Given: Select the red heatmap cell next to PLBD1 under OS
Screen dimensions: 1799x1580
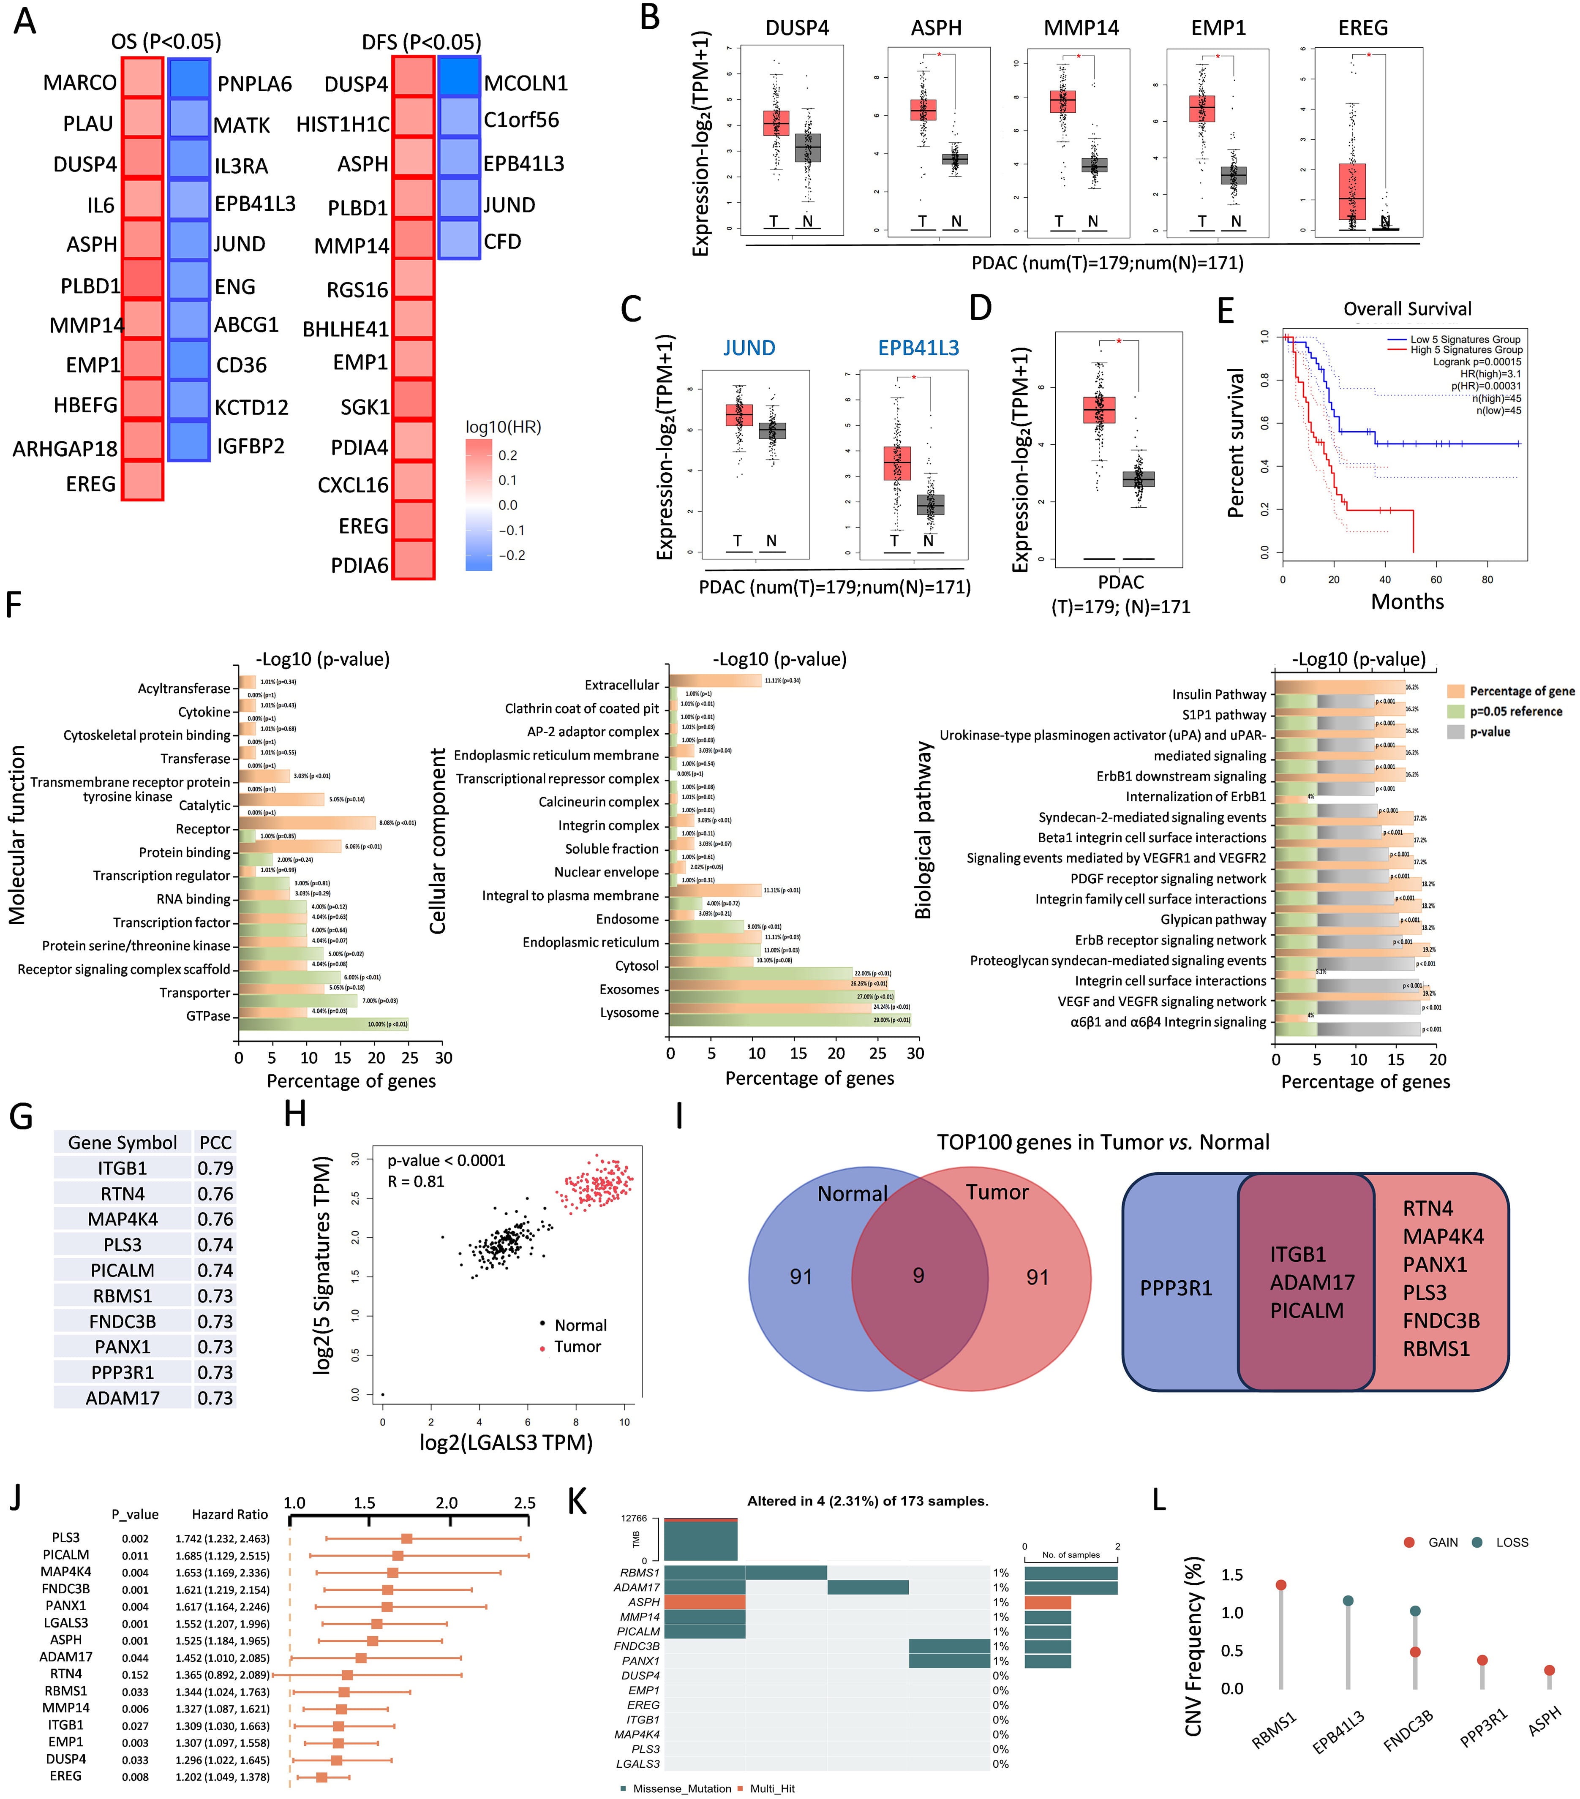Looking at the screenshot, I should point(142,280).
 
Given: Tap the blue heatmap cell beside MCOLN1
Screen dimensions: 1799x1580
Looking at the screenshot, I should point(459,76).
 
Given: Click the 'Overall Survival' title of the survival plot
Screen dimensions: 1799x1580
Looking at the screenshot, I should point(1407,309).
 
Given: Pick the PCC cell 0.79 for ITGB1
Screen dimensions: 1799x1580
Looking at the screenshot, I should point(215,1168).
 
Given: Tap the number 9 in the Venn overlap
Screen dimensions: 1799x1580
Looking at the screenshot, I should point(918,1275).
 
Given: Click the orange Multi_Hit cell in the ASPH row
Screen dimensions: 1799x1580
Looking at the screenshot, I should point(704,1602).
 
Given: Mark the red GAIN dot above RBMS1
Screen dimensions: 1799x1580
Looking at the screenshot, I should point(1281,1584).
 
